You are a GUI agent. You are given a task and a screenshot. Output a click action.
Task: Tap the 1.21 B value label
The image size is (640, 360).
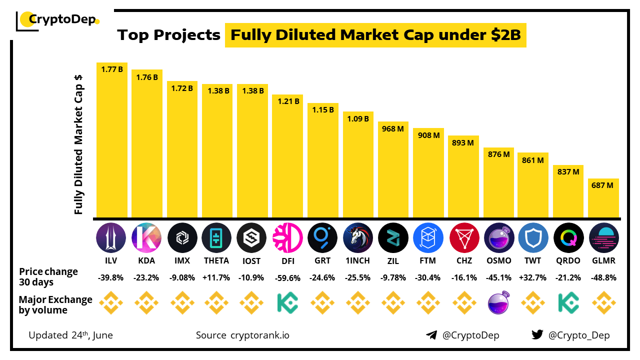[x=287, y=101]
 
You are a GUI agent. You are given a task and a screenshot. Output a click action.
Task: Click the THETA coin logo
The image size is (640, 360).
[x=216, y=237]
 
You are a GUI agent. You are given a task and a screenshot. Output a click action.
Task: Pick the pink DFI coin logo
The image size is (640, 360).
[x=287, y=237]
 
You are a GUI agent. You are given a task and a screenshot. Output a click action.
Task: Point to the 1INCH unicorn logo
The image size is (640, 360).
[x=358, y=237]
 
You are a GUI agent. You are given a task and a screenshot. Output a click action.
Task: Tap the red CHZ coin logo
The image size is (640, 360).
[x=464, y=237]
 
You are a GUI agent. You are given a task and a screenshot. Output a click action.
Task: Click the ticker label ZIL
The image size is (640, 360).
[x=393, y=260]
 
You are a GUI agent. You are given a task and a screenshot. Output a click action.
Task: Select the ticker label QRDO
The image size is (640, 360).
[x=568, y=260]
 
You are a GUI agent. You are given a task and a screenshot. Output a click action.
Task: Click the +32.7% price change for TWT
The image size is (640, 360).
[x=533, y=278]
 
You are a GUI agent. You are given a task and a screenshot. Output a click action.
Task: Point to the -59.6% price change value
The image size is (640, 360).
[x=287, y=278]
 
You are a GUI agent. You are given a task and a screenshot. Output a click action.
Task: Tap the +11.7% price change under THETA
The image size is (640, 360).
[x=216, y=278]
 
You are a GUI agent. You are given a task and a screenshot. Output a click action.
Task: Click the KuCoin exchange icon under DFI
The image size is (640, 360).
[x=287, y=303]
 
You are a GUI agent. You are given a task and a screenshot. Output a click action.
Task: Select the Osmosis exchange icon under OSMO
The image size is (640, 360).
[x=499, y=303]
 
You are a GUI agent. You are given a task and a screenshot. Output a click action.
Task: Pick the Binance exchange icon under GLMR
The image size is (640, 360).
[x=603, y=303]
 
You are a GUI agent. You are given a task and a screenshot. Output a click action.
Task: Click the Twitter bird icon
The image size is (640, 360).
[x=537, y=335]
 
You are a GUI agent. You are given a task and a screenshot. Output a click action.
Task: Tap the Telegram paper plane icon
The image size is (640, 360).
[x=431, y=335]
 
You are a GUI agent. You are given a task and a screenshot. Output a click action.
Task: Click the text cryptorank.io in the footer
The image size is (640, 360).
[x=259, y=335]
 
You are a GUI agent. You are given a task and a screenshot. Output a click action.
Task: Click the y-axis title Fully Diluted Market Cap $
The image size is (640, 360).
[x=78, y=145]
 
